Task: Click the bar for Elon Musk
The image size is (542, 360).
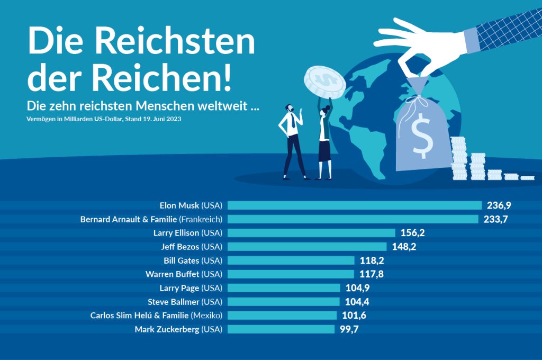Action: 355,205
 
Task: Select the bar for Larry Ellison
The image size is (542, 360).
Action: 311,233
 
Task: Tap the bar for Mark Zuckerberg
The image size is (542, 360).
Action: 281,329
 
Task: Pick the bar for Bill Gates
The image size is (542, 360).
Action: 291,260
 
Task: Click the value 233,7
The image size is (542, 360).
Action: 495,219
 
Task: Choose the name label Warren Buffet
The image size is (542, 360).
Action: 172,274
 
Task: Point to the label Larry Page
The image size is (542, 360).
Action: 179,288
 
